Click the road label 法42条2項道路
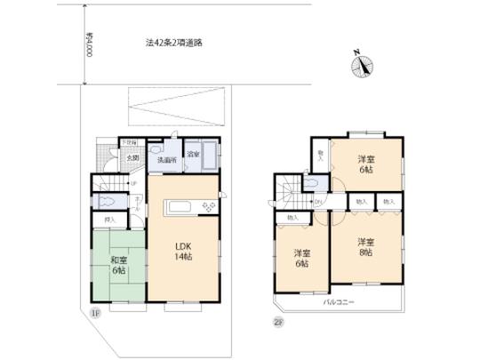click(x=173, y=42)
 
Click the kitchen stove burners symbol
click(x=210, y=207)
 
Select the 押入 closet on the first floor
click(x=110, y=219)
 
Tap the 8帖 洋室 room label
click(x=365, y=247)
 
